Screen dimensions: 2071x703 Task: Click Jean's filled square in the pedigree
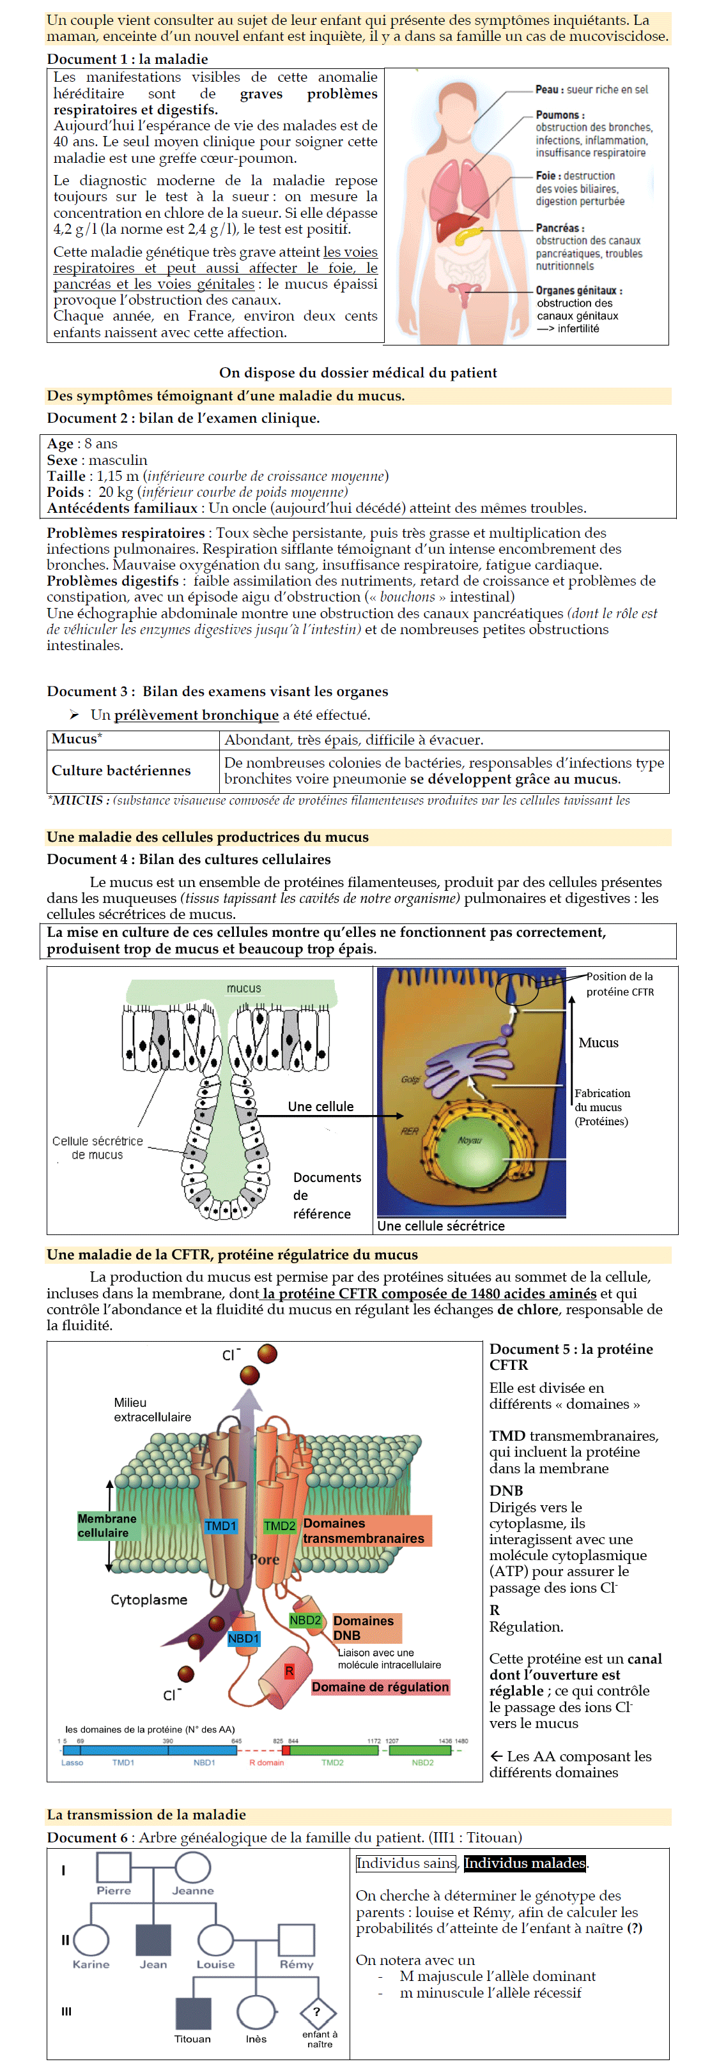[153, 1939]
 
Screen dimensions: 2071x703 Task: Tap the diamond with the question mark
[317, 2012]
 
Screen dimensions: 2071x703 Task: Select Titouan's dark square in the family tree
[193, 2013]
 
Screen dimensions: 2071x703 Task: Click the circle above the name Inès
[256, 2012]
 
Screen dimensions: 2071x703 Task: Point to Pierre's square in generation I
[113, 1867]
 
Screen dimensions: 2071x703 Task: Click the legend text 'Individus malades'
[525, 1863]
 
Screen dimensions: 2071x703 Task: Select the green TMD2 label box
[279, 1525]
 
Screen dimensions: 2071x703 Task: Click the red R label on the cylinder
[289, 1671]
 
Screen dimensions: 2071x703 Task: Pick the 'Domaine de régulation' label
[380, 1686]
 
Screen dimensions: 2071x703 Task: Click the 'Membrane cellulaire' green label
[106, 1525]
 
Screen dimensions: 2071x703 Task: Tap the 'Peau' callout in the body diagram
[591, 89]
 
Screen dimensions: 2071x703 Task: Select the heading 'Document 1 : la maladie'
[127, 59]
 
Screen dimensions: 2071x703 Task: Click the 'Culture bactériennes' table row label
[121, 770]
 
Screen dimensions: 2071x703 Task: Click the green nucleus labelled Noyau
[470, 1142]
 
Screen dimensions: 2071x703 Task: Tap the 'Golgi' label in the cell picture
[410, 1079]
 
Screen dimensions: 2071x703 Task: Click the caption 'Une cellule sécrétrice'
[441, 1225]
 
